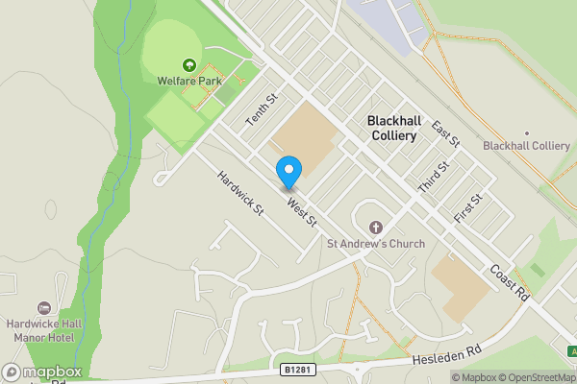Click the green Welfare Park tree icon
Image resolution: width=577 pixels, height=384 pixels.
pos(188,65)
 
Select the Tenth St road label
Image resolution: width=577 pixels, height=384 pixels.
pos(261,108)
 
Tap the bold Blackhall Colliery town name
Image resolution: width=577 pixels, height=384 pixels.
pos(392,129)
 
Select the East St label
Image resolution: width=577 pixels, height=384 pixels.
pos(446,134)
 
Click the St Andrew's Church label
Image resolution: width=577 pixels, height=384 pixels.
pos(376,244)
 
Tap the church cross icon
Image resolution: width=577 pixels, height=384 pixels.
pos(376,228)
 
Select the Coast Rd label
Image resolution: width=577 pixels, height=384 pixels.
pos(510,284)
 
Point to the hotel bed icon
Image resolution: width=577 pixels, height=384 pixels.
pos(43,307)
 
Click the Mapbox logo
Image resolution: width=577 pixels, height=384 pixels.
pos(41,372)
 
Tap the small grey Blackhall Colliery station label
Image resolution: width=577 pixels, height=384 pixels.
pos(526,146)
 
